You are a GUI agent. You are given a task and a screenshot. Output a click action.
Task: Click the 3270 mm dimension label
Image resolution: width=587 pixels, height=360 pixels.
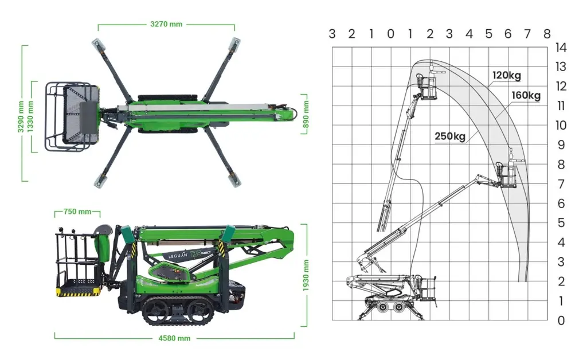click(166, 24)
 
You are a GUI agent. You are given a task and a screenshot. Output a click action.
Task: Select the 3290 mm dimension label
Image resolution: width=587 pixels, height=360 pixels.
click(21, 116)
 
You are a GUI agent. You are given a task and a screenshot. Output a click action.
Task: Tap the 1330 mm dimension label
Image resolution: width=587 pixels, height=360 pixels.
click(30, 116)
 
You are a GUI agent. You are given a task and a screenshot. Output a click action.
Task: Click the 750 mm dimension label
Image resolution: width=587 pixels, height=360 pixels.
click(77, 212)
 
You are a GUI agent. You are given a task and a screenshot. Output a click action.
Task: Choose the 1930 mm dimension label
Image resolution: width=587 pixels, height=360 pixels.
click(306, 275)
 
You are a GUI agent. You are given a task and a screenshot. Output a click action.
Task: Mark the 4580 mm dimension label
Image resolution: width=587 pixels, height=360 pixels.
click(174, 338)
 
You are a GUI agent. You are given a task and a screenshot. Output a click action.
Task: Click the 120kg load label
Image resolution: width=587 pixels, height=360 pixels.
click(507, 76)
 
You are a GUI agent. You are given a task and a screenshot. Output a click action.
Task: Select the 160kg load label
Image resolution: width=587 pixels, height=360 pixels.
click(526, 95)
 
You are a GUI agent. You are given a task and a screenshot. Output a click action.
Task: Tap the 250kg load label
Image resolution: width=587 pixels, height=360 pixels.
click(449, 136)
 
